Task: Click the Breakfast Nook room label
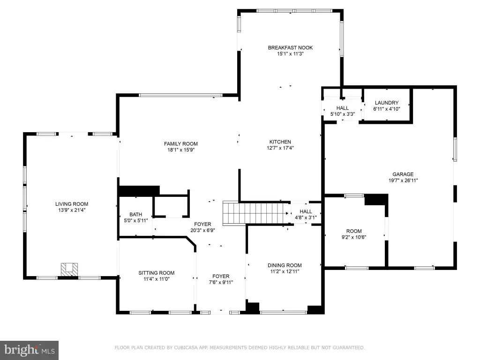pos(290,48)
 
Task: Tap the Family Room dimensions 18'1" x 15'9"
pos(181,150)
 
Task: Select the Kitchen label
pos(280,142)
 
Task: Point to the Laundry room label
pos(387,103)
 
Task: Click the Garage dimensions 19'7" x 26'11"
pos(403,180)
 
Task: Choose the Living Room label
pos(72,204)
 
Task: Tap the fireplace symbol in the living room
pos(69,270)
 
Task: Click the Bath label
pos(135,215)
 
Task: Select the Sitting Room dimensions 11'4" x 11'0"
pos(157,279)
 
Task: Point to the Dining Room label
pos(285,265)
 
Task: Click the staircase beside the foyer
pos(256,213)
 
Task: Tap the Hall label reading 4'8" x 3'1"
pos(306,215)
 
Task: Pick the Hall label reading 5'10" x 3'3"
pos(343,111)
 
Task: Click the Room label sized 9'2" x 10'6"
pos(354,234)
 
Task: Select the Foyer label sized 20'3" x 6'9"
pos(202,227)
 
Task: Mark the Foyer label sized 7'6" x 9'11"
pos(221,279)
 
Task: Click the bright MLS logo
pos(30,350)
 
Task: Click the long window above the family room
pos(180,95)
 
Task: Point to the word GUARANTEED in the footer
pos(349,348)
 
